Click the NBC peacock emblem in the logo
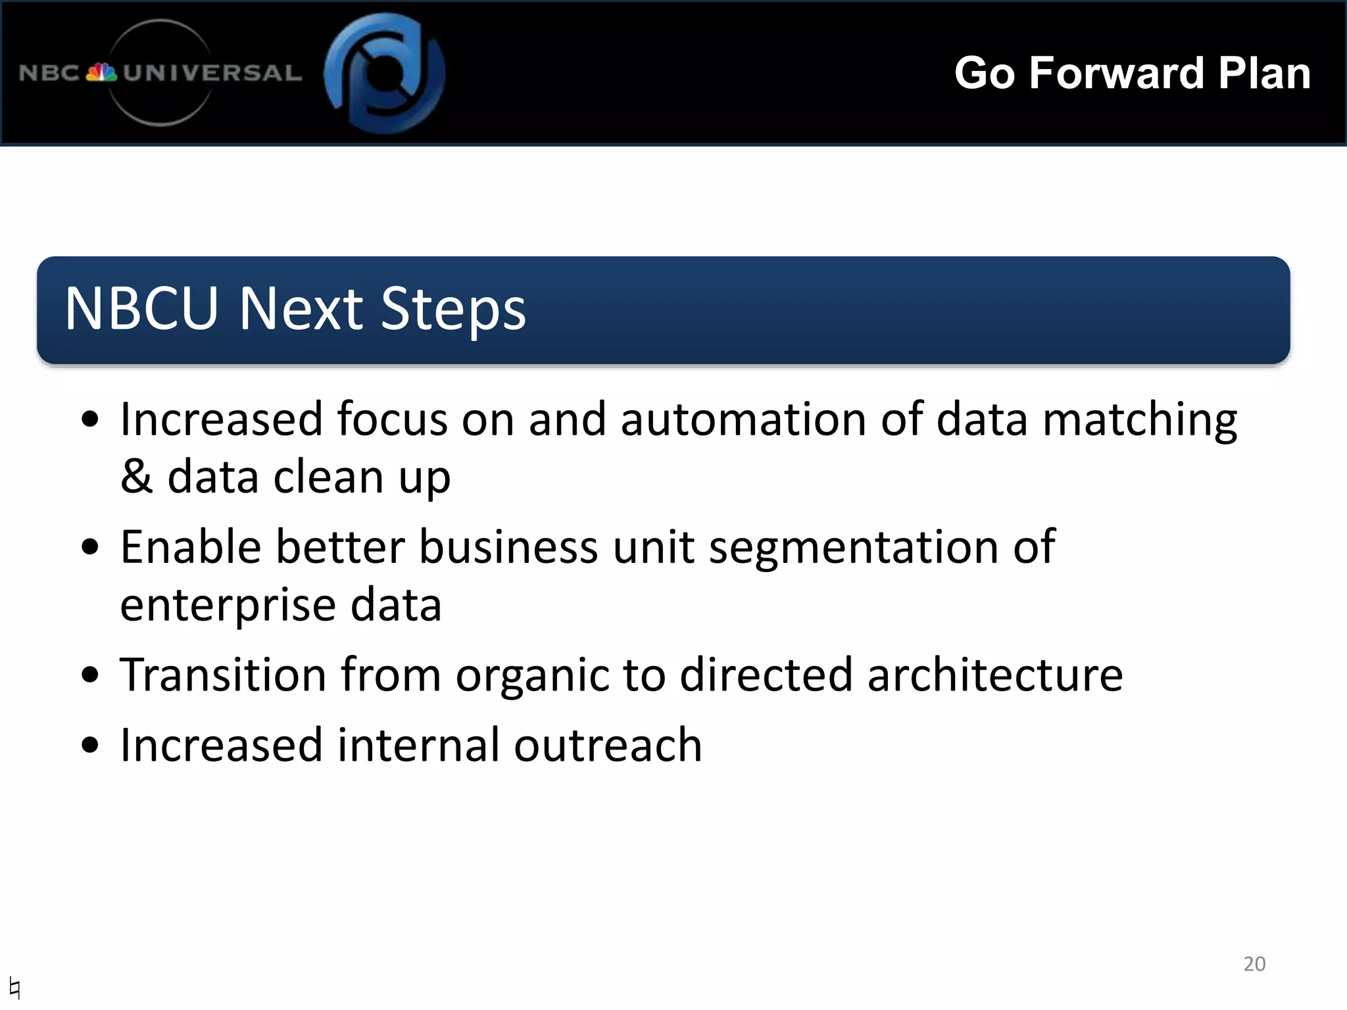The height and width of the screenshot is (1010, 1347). [101, 72]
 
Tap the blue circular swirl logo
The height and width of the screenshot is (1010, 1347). [385, 72]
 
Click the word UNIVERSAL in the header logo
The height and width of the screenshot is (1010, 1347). [212, 72]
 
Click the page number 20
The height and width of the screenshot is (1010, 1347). [1254, 964]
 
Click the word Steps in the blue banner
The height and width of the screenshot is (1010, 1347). [453, 309]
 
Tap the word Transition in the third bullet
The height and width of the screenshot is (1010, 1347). [223, 675]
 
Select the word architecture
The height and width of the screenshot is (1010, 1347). [994, 675]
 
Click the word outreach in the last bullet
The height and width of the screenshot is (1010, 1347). [608, 746]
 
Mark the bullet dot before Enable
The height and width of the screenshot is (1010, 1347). [90, 547]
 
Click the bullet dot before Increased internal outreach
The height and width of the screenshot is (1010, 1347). [90, 746]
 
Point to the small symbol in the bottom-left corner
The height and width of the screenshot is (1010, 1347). [15, 987]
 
